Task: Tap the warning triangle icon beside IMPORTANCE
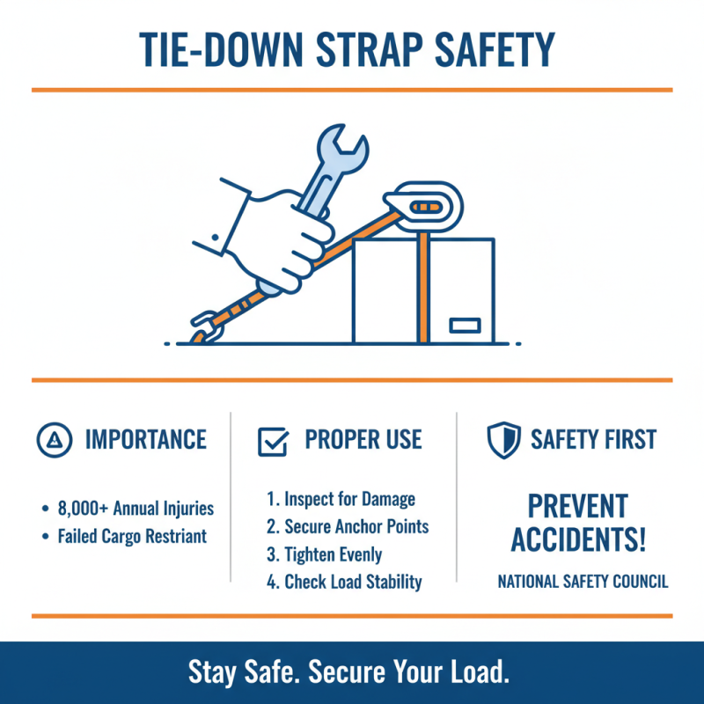click(55, 439)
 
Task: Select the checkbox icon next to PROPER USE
click(273, 440)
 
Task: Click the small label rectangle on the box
click(464, 326)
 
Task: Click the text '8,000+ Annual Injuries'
click(136, 509)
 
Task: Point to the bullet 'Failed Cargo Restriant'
click(132, 536)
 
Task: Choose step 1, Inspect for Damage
click(341, 500)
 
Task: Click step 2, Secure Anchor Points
click(348, 527)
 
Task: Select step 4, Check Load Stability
click(344, 582)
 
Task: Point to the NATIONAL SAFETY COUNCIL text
click(583, 582)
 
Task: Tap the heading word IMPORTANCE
click(145, 439)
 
